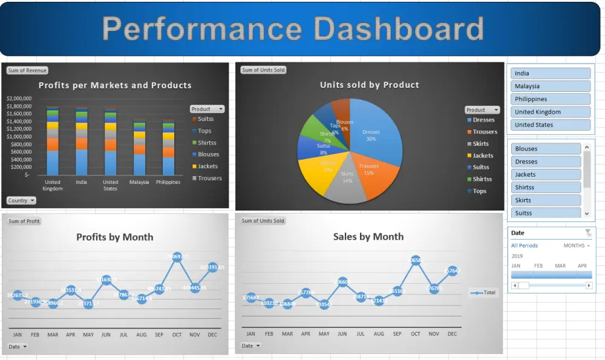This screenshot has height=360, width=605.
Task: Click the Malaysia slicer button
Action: (x=551, y=87)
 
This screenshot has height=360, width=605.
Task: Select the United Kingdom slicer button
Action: (x=551, y=112)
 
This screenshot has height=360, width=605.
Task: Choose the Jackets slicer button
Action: (x=546, y=175)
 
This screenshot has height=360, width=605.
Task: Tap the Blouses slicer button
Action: (x=546, y=149)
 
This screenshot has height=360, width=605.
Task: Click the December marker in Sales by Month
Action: (x=452, y=271)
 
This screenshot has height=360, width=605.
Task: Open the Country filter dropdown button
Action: (x=21, y=200)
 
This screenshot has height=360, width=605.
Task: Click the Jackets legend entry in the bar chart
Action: (x=208, y=166)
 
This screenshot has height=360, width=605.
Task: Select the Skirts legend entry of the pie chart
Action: (x=480, y=144)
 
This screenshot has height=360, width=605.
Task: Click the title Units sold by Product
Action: (x=369, y=85)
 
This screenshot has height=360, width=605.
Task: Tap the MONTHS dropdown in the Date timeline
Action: (x=577, y=246)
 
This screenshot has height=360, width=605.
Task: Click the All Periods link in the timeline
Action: (x=524, y=246)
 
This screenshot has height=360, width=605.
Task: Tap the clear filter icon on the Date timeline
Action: (x=588, y=233)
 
